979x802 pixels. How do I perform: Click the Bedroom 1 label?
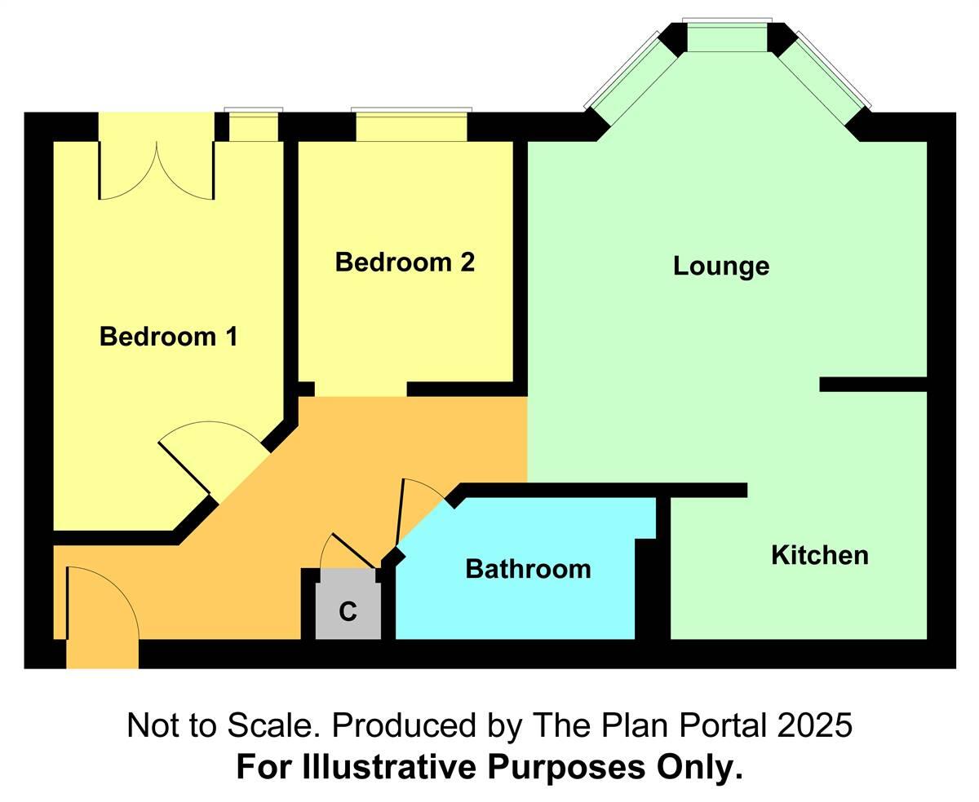tap(168, 336)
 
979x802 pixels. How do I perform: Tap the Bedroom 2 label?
tap(405, 262)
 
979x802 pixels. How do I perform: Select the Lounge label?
tap(720, 267)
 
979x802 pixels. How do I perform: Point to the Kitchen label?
tap(819, 556)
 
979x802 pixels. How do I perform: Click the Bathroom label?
tap(528, 569)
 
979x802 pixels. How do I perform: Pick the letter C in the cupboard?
tap(348, 611)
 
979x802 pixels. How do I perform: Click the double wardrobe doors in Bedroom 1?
tap(157, 171)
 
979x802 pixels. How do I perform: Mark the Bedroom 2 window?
tap(411, 126)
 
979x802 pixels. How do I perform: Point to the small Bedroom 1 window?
tap(253, 126)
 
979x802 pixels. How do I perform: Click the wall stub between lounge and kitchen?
tap(873, 385)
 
